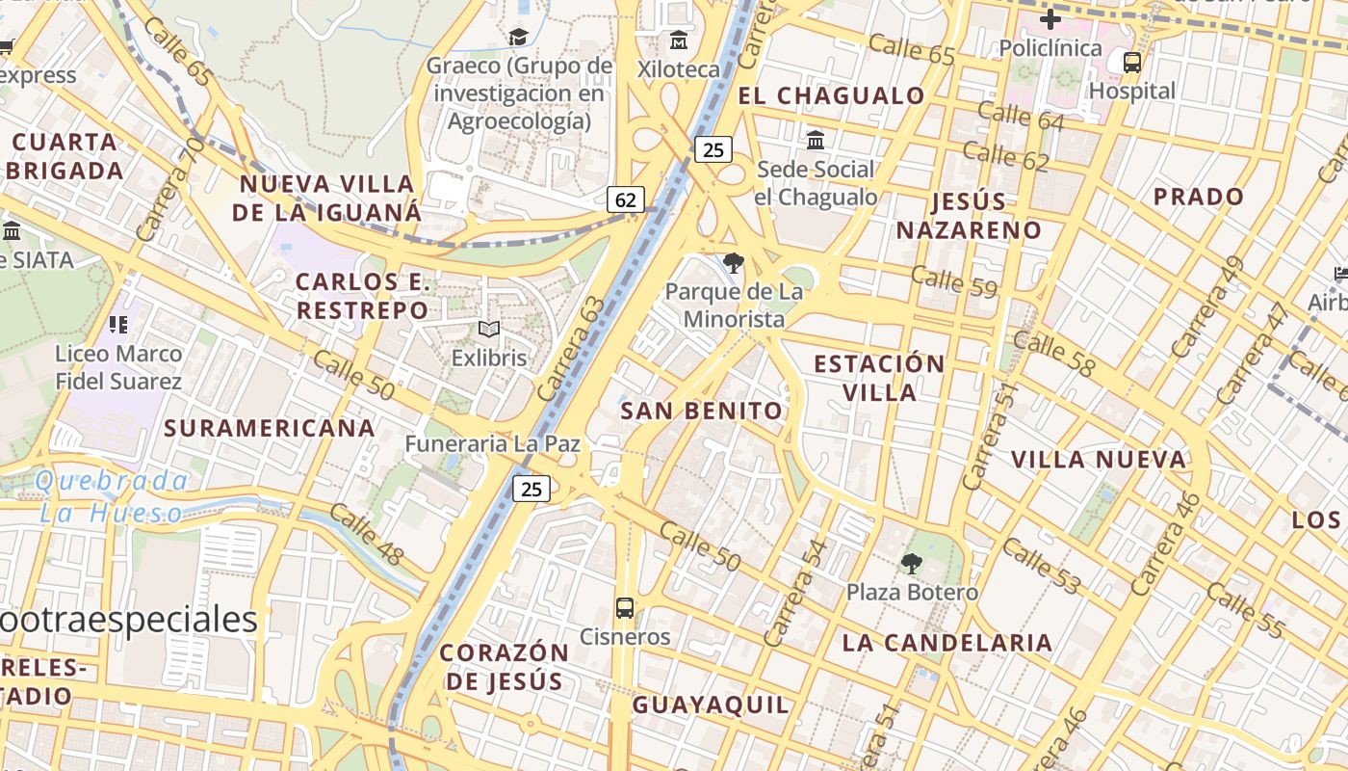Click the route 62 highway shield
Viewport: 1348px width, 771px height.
click(626, 199)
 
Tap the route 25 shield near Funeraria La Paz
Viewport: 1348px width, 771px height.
click(531, 489)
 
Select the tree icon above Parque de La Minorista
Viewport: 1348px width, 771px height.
click(734, 263)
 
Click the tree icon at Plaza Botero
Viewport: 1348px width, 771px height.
click(911, 564)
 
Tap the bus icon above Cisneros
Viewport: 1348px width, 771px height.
click(625, 608)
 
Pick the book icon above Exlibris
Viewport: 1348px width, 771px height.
click(489, 330)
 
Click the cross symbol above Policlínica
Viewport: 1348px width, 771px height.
click(1050, 18)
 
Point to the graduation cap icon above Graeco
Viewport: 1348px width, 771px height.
click(519, 38)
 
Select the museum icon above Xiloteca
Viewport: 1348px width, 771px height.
click(679, 40)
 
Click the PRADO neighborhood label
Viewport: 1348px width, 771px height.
click(1199, 197)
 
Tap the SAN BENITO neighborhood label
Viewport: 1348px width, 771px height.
click(702, 411)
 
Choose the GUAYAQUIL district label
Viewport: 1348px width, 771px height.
click(711, 705)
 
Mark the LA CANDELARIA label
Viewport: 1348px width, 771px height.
click(947, 643)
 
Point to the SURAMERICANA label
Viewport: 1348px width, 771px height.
click(270, 428)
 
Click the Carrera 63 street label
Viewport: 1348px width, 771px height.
click(574, 349)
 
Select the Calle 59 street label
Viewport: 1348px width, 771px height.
click(953, 281)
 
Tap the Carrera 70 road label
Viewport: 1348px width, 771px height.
click(170, 189)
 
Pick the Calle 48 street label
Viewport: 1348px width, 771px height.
click(366, 535)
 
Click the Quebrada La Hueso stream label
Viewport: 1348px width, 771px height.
click(113, 496)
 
